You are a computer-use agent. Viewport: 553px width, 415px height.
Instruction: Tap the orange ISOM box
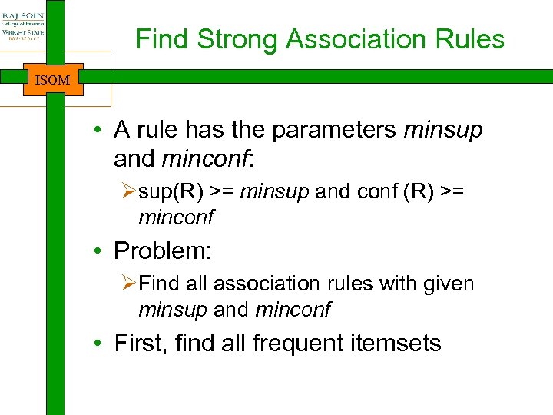point(53,80)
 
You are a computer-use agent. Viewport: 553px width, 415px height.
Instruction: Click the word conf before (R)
point(377,191)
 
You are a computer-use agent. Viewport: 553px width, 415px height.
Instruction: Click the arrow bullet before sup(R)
point(128,192)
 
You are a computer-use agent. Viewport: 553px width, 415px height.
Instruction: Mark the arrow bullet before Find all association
point(128,284)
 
